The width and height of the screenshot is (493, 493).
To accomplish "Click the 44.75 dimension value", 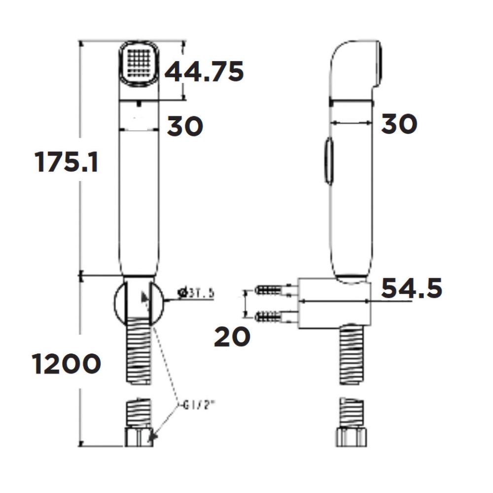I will point(204,72).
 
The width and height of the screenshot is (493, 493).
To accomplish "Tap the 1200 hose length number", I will point(67,364).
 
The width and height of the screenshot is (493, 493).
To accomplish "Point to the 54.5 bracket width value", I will point(412,288).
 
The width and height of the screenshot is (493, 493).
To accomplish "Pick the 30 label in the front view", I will point(185,126).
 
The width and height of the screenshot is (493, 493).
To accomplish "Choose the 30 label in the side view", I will point(399,124).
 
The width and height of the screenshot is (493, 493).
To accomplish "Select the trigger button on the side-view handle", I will point(328,161).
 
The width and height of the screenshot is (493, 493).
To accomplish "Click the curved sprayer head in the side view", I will point(357,67).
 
